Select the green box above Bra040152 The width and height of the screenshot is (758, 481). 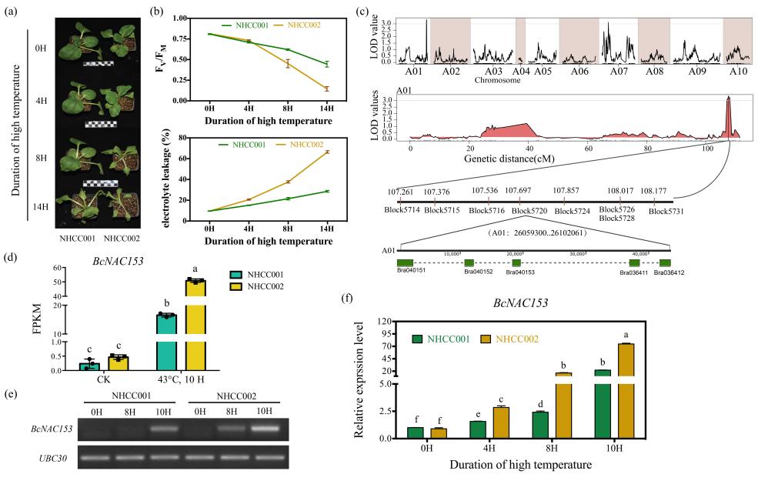point(469,262)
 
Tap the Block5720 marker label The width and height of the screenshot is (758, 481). point(530,209)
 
